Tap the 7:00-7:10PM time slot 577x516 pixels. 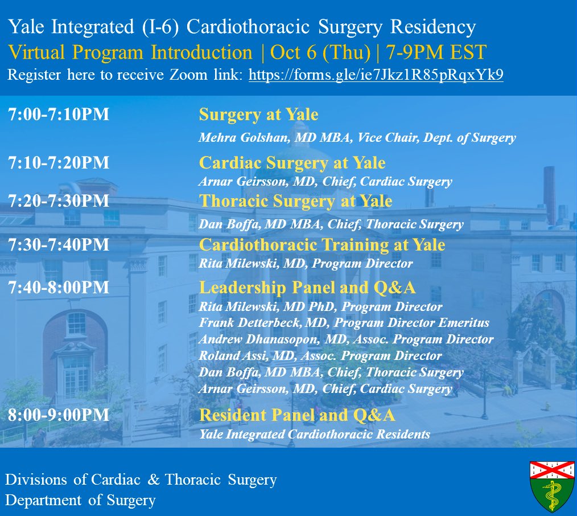pyautogui.click(x=59, y=116)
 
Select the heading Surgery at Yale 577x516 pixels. pyautogui.click(x=258, y=116)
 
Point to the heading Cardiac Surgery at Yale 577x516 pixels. pyautogui.click(x=292, y=163)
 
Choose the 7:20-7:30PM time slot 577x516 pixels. pyautogui.click(x=59, y=202)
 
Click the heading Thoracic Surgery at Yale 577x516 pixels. pyautogui.click(x=295, y=202)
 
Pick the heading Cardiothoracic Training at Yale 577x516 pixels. pyautogui.click(x=322, y=245)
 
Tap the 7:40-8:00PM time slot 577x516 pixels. pyautogui.click(x=59, y=288)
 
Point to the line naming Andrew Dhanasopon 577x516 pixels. pyautogui.click(x=346, y=339)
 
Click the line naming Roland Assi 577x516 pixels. pyautogui.click(x=320, y=356)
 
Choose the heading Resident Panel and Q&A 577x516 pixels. pyautogui.click(x=297, y=415)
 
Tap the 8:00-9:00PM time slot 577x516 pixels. pyautogui.click(x=59, y=415)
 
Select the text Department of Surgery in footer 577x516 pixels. pyautogui.click(x=80, y=501)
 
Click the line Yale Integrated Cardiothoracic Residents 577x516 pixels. pyautogui.click(x=314, y=435)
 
